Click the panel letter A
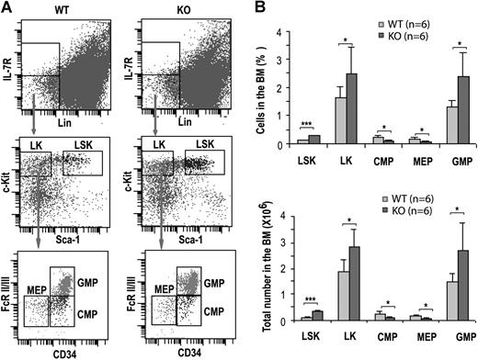click(x=9, y=8)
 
